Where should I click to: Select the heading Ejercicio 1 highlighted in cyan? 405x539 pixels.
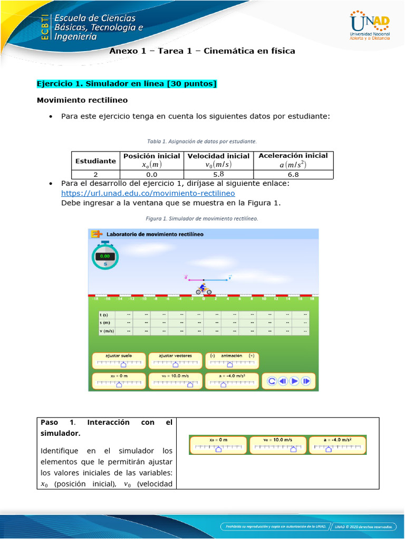pyautogui.click(x=127, y=84)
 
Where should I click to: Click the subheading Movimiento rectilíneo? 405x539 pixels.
pyautogui.click(x=82, y=99)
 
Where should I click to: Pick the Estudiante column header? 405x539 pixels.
pyautogui.click(x=95, y=161)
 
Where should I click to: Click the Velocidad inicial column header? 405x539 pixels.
pyautogui.click(x=218, y=156)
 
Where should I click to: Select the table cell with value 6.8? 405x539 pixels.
pyautogui.click(x=293, y=174)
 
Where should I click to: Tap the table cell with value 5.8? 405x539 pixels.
pyautogui.click(x=218, y=174)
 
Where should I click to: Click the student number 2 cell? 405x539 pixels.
pyautogui.click(x=95, y=174)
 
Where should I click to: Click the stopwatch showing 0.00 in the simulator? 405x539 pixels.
pyautogui.click(x=105, y=256)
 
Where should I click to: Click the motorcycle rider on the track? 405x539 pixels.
pyautogui.click(x=204, y=289)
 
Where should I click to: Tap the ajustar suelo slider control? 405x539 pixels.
pyautogui.click(x=119, y=361)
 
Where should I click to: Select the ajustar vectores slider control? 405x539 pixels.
pyautogui.click(x=175, y=361)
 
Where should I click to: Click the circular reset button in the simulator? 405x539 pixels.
pyautogui.click(x=272, y=381)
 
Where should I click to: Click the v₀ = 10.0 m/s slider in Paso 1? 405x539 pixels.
pyautogui.click(x=277, y=445)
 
